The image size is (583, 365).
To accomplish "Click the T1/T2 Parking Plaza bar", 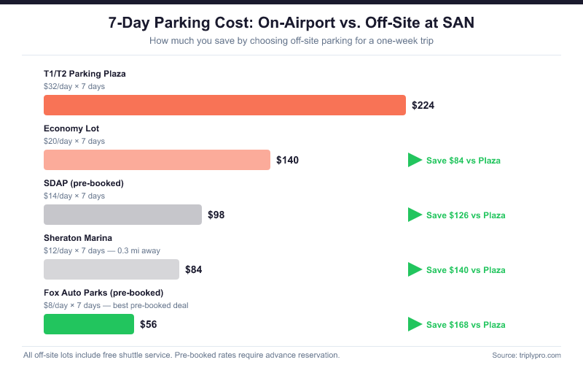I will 224,105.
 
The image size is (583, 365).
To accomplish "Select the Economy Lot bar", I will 157,160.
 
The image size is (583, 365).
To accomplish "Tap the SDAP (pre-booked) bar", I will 122,215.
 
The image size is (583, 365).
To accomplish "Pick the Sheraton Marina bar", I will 111,269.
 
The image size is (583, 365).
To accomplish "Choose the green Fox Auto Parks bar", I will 89,324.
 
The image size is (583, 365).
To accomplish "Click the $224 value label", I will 423,105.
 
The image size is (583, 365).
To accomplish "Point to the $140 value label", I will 287,160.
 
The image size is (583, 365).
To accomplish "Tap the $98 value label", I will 216,215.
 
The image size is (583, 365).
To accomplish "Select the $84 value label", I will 193,269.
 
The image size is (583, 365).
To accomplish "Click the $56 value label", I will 148,324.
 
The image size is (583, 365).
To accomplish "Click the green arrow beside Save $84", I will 415,160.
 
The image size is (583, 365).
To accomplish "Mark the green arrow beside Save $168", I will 415,324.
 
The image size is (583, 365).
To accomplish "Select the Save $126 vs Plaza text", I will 466,215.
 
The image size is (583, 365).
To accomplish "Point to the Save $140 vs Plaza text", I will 466,270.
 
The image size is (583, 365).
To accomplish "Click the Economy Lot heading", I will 66,128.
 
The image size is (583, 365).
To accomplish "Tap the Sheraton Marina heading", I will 78,238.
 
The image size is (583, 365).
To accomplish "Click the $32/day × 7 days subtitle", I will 74,86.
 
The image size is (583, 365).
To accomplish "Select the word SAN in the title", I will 458,23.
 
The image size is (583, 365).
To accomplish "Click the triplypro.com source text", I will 536,356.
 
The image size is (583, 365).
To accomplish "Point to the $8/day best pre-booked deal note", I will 117,305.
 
